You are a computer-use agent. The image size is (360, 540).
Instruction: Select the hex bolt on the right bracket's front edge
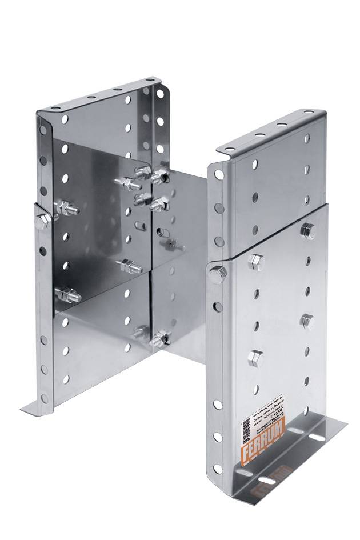pos(217,275)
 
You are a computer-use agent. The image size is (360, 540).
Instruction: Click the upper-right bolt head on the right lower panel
pos(307,230)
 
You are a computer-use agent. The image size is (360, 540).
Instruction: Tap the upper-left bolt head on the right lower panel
pos(257,261)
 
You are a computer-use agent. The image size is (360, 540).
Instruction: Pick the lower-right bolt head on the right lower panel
pos(306,321)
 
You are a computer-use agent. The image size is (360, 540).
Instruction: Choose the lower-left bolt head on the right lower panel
pos(255,358)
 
